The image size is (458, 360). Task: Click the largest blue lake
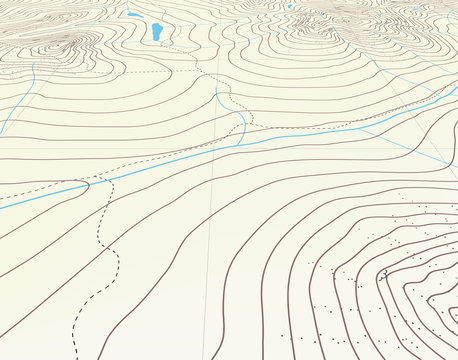[157, 33]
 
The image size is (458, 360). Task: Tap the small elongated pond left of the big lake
[133, 15]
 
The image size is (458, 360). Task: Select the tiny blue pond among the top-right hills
[289, 7]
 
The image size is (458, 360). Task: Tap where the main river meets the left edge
[1, 206]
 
